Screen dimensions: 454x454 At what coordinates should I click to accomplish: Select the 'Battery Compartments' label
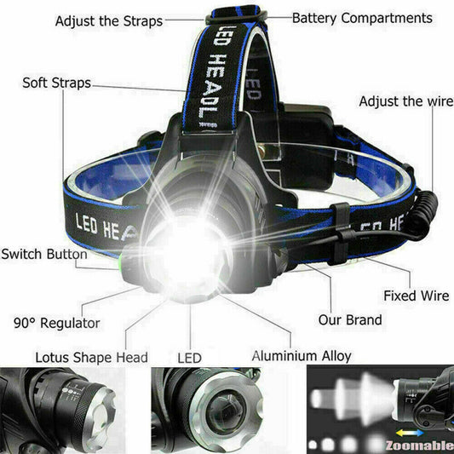tap(362, 18)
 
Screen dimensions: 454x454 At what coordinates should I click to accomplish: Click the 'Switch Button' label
tap(43, 254)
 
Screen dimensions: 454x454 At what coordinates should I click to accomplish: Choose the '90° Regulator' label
tap(57, 324)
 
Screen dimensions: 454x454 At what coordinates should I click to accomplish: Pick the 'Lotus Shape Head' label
tap(91, 357)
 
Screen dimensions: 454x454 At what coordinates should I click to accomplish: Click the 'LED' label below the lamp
tap(188, 359)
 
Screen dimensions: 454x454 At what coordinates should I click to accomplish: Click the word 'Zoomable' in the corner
tap(420, 445)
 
